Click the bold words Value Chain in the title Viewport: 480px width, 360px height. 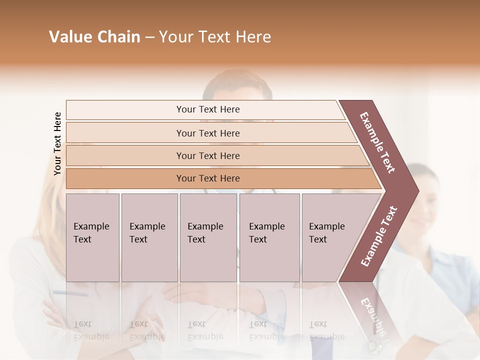pos(94,37)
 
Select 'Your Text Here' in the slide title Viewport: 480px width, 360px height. pos(215,37)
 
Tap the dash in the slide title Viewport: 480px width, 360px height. pos(149,37)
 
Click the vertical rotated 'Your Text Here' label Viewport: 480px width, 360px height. pos(57,144)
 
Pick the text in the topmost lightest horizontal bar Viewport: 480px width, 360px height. pos(208,109)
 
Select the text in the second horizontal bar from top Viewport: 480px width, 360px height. pos(208,133)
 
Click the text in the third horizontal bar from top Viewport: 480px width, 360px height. pos(208,156)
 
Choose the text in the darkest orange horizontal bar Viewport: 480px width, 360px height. pos(208,178)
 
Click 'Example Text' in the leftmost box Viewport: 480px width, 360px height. pos(91,233)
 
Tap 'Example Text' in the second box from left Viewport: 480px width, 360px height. pos(147,233)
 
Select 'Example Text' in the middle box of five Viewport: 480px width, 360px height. pos(205,233)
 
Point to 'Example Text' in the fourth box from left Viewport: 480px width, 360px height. pos(266,233)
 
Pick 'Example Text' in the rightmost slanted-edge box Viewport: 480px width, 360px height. pos(326,233)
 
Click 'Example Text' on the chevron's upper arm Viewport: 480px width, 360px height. pos(377,142)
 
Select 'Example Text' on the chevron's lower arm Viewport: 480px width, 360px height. pos(379,236)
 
